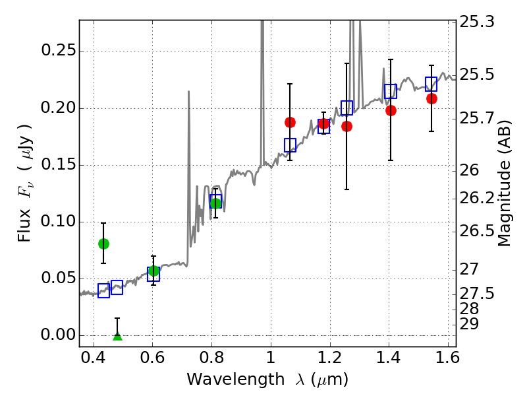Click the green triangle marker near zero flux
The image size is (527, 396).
(117, 337)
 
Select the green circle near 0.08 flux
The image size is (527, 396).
(103, 244)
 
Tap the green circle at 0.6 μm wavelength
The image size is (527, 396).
(153, 271)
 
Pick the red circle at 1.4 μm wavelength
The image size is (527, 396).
(391, 110)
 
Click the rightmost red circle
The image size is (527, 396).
(431, 98)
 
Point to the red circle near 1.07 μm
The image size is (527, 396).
(290, 122)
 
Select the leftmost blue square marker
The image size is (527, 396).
(103, 291)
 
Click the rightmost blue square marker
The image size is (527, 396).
(431, 84)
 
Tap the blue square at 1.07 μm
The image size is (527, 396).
(290, 145)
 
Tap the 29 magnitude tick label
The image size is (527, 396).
(471, 325)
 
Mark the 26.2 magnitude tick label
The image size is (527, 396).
(478, 198)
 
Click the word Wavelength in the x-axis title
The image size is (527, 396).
(224, 379)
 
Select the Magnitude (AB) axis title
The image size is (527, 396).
(505, 183)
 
